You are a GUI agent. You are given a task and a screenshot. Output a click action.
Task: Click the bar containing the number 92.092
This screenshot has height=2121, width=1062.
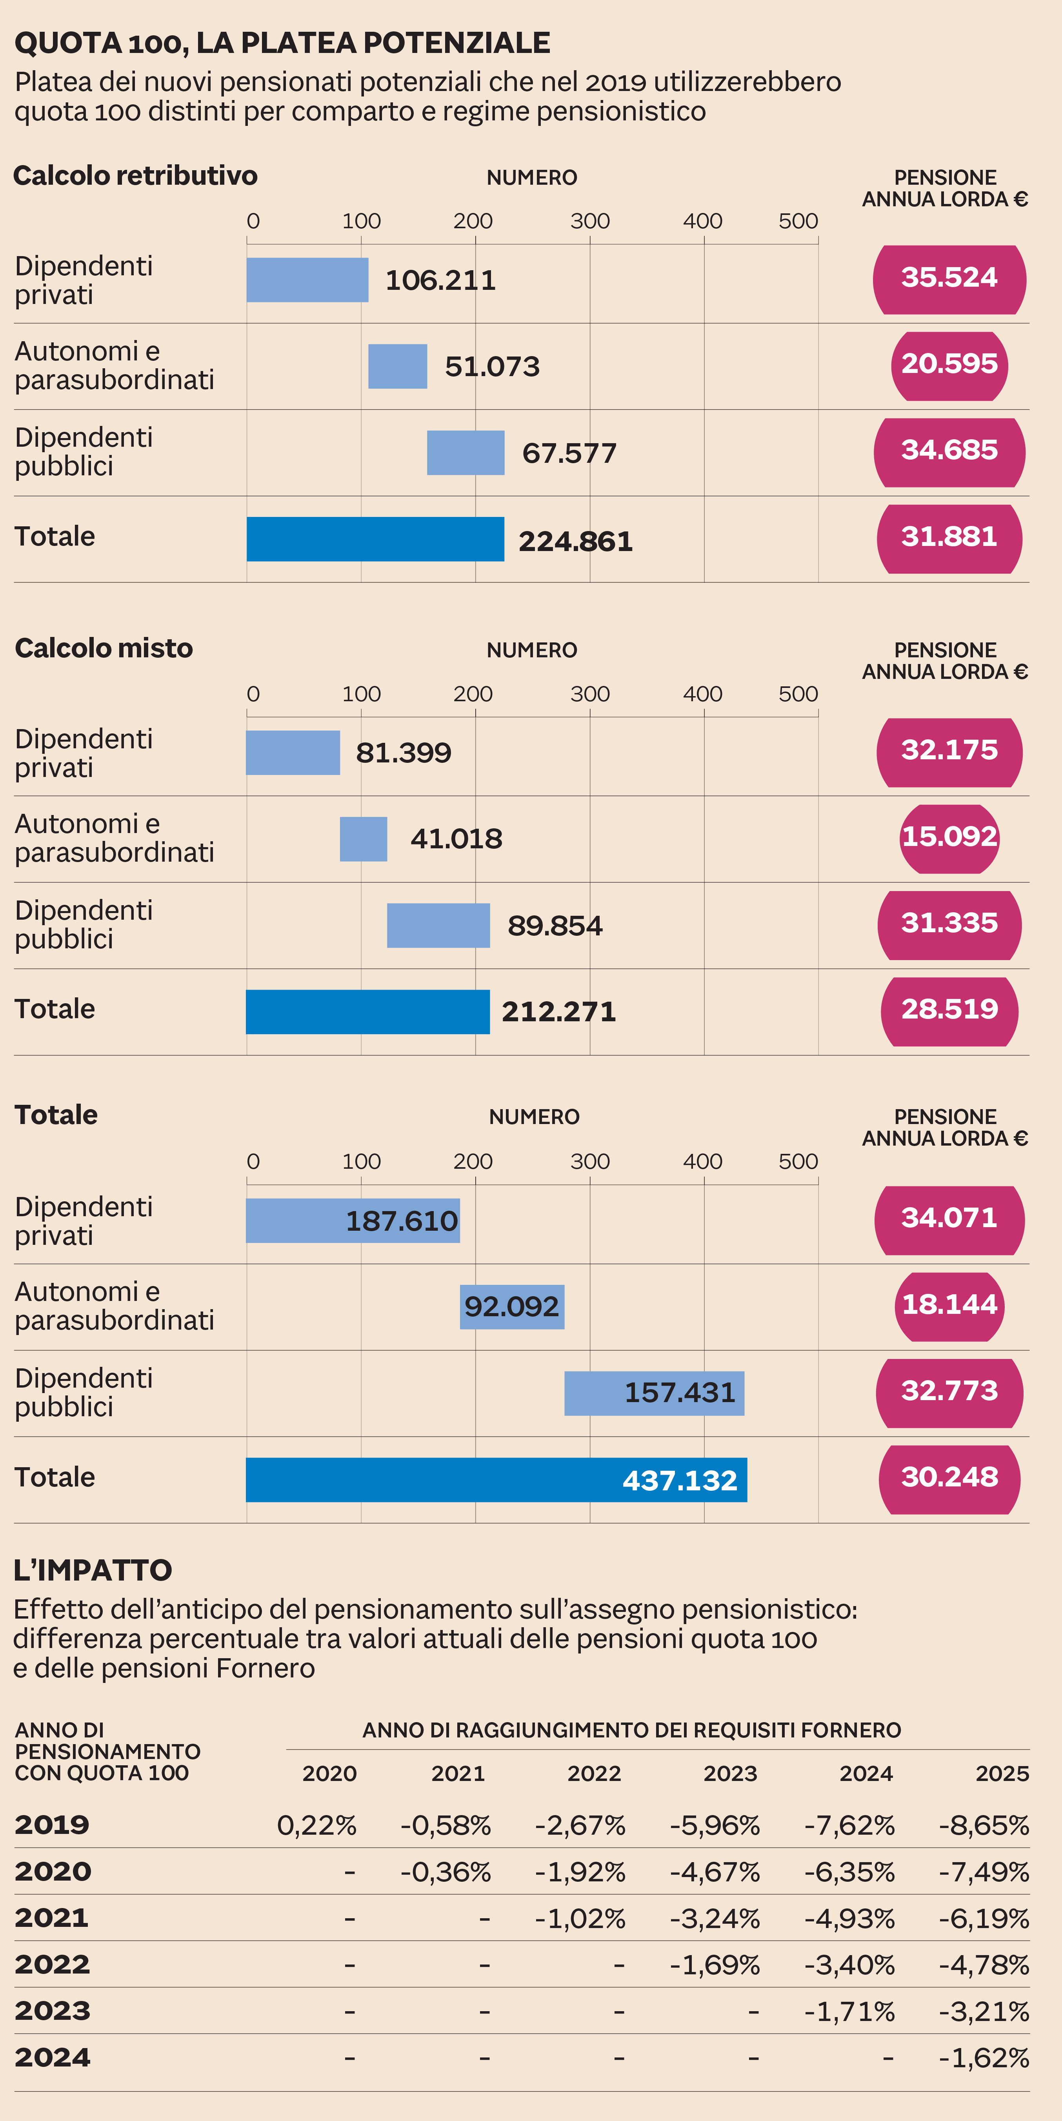(511, 1307)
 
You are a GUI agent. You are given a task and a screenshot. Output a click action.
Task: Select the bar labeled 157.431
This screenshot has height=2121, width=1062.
(654, 1393)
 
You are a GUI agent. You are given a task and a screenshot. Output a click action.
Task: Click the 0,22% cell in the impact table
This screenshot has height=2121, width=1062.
(316, 1825)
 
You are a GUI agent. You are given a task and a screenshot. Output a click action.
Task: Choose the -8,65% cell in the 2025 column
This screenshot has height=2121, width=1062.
(984, 1825)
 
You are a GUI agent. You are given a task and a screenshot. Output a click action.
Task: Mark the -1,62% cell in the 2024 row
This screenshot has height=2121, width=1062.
(984, 2057)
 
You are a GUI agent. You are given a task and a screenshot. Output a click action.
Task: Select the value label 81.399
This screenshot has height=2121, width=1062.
(404, 753)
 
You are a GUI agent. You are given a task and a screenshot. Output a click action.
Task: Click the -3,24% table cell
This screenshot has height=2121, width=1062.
(715, 1919)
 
